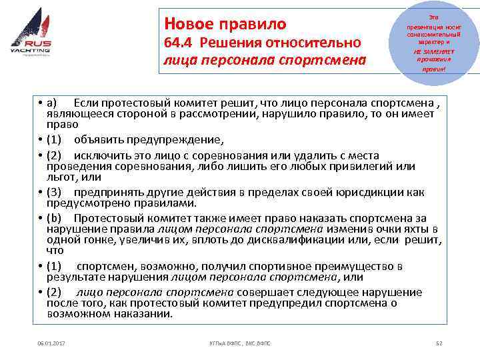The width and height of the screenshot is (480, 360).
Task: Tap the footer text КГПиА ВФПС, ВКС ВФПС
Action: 240,343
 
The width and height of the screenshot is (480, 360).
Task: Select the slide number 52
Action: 438,343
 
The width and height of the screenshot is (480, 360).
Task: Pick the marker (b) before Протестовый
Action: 54,218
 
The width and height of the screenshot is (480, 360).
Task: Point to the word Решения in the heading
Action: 230,43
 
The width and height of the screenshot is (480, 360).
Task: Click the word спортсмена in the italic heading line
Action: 326,61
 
